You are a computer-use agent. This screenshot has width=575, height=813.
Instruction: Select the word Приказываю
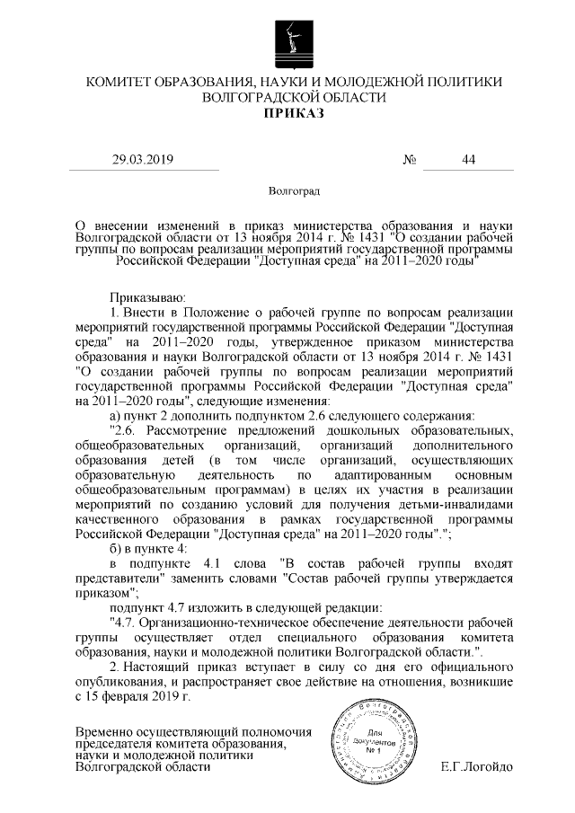point(146,295)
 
